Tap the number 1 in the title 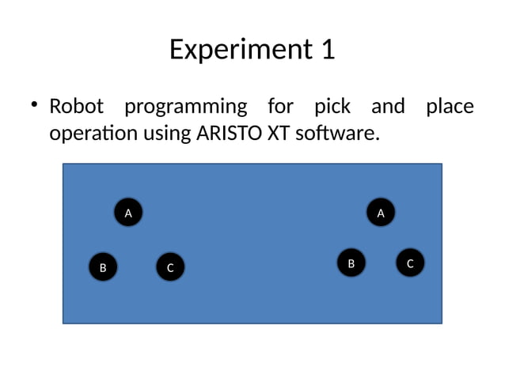(328, 50)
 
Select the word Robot (76, 106)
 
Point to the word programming (185, 107)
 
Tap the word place (450, 106)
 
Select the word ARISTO (230, 134)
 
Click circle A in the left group (128, 212)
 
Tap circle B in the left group (103, 267)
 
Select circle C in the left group (169, 267)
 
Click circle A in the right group (381, 212)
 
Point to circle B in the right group (351, 263)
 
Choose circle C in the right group (410, 263)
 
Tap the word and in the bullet (388, 106)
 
